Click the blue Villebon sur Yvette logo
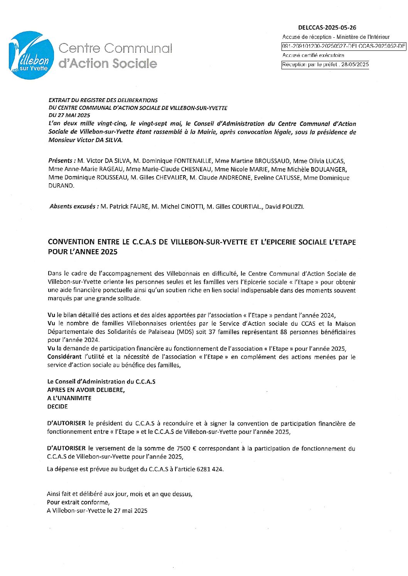point(31,55)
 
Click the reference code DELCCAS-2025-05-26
point(327,28)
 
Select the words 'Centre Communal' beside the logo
point(115,49)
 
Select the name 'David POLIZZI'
point(284,207)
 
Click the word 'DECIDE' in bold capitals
point(57,407)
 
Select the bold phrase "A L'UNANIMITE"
point(69,398)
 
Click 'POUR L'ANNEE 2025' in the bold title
point(83,252)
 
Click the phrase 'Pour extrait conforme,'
point(78,502)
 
